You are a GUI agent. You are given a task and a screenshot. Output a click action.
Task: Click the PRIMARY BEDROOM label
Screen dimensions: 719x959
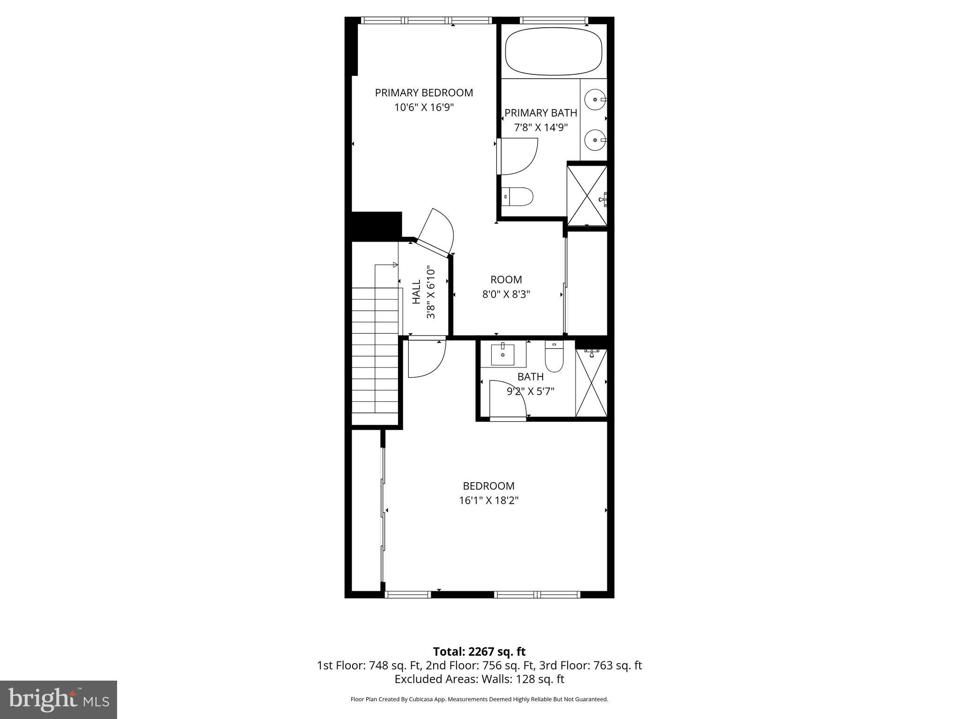(x=424, y=93)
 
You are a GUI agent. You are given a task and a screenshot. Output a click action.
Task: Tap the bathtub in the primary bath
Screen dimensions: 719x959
(x=553, y=51)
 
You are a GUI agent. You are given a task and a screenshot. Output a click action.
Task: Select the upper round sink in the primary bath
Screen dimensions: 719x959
(x=595, y=100)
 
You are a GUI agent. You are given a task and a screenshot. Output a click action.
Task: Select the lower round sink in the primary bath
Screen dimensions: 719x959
(x=595, y=140)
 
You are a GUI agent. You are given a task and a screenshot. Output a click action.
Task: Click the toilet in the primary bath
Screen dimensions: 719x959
(x=517, y=197)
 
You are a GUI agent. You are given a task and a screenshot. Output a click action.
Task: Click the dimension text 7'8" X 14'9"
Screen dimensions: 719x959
(x=541, y=127)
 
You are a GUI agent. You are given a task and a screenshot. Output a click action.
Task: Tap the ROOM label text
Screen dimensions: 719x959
(x=506, y=280)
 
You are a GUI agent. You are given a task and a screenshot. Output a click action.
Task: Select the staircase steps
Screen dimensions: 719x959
(x=375, y=356)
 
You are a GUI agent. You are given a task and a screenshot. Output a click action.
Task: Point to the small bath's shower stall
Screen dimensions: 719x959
(x=591, y=383)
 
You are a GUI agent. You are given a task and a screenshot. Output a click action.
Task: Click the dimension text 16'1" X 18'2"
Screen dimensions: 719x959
(x=488, y=500)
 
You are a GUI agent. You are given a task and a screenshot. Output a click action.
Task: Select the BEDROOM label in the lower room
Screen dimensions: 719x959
(x=488, y=486)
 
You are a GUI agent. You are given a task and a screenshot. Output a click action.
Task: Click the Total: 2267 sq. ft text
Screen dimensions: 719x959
(x=479, y=652)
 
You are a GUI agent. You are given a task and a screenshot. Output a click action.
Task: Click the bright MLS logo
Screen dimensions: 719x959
(x=59, y=699)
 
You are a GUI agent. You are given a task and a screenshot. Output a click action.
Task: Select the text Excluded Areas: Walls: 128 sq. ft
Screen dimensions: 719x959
(x=479, y=679)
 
